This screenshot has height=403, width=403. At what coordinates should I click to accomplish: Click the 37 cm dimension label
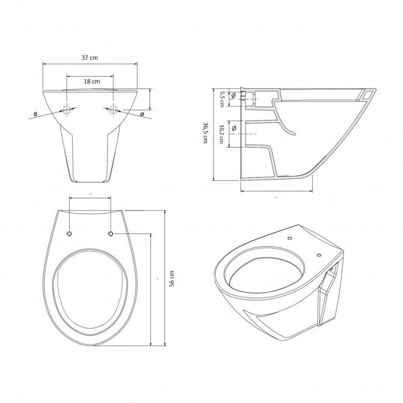90,58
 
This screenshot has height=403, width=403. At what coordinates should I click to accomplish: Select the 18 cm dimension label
92,81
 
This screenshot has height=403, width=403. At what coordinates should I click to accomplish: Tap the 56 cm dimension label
172,279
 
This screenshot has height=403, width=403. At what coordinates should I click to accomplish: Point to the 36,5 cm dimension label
205,133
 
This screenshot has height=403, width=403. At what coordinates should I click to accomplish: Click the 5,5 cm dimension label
222,99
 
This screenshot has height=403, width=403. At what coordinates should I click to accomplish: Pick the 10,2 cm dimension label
222,134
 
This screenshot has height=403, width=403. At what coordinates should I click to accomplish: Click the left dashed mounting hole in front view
67,110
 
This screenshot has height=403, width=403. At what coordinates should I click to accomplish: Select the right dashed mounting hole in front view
113,110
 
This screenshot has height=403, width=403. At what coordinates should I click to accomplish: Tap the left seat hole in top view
69,234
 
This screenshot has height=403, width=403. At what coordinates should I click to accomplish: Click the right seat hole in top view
111,234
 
